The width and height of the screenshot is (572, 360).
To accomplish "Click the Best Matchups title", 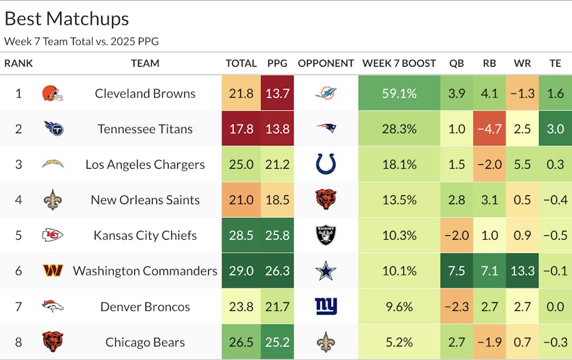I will [67, 19].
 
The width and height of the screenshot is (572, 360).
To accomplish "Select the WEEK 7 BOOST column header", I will [399, 63].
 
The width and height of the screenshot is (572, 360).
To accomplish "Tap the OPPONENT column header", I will [326, 63].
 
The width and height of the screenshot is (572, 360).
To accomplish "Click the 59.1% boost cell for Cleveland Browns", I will [399, 93].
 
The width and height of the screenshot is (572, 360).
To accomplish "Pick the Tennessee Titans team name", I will [145, 129].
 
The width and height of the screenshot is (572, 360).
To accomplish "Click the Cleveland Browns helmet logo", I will [52, 93].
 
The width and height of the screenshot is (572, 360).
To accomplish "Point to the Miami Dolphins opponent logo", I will [326, 93].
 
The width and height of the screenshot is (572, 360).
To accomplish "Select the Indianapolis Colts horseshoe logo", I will [326, 164].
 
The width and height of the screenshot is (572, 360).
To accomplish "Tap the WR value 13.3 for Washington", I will [522, 271].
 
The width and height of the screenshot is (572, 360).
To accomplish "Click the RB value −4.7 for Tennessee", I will [489, 129].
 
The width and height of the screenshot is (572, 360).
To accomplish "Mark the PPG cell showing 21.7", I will [277, 306].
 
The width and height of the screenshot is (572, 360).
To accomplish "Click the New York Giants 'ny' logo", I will [326, 306].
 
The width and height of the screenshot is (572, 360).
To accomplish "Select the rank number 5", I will [18, 235].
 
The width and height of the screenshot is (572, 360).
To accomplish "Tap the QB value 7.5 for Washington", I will [456, 271].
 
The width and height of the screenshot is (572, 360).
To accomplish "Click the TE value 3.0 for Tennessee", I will [555, 129].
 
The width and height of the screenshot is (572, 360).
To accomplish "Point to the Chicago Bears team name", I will [145, 342].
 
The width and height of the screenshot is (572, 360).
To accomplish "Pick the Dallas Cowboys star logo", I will [326, 271].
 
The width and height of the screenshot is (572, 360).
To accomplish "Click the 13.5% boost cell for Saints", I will [399, 200].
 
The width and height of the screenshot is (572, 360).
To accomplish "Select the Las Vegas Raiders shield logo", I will [326, 235].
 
